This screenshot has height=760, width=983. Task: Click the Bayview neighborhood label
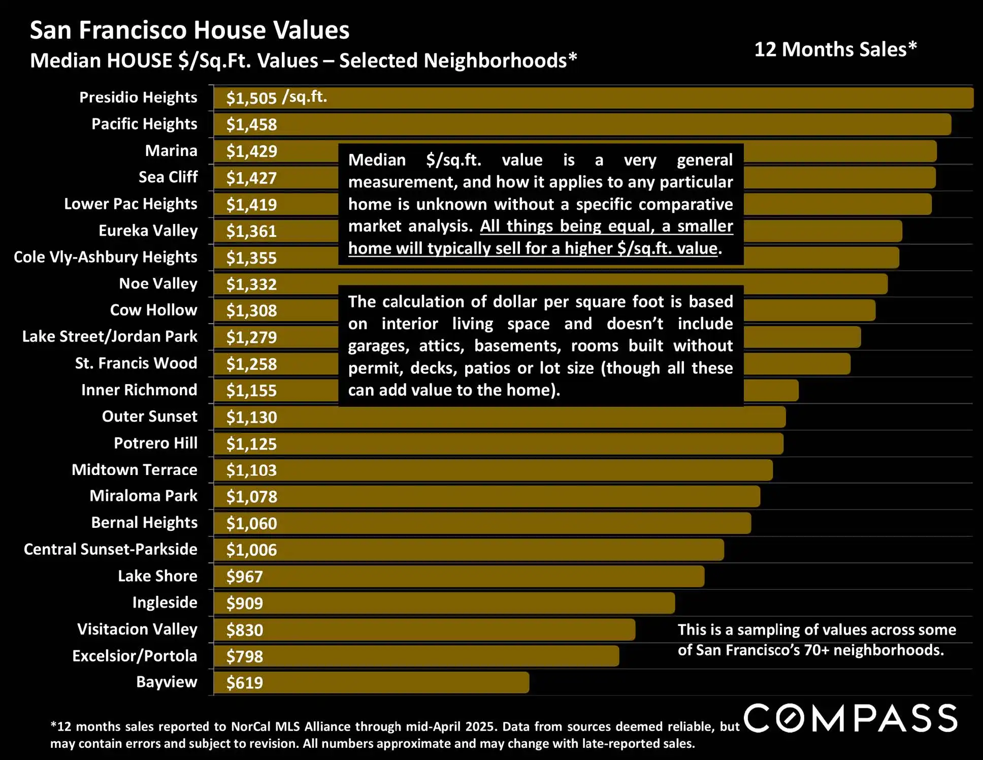coord(166,682)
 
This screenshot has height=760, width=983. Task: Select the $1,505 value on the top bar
coord(251,98)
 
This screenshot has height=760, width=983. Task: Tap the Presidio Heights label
coord(138,97)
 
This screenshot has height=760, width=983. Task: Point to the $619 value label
coord(245,683)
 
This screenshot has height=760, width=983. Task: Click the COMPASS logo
coord(851,718)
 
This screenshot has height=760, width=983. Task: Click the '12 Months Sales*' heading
coord(835,49)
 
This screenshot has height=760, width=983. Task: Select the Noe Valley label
coord(158,283)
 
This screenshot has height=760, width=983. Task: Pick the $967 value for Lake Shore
coord(245,577)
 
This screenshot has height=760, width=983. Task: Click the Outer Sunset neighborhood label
coord(149,417)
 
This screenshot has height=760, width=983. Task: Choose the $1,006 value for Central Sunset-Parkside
coord(251,550)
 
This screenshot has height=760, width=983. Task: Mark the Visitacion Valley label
coord(137,629)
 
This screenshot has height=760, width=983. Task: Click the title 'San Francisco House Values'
coord(189,30)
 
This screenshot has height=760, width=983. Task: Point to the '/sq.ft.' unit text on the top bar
coord(305,97)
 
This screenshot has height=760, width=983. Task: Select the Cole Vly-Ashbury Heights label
coord(105,257)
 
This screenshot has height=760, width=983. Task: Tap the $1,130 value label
coord(251,417)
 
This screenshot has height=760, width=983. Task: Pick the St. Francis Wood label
coord(136,363)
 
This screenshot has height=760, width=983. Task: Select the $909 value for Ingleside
coord(245,603)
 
